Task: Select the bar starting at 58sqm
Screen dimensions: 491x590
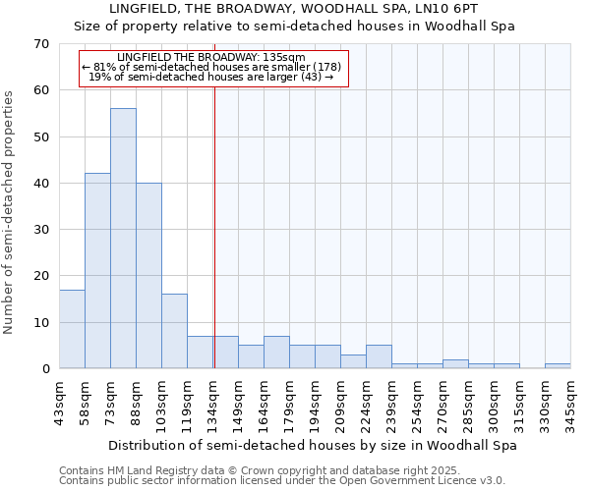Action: [97, 271]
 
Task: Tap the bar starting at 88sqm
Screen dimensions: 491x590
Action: [148, 276]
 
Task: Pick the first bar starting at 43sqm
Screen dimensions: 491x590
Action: [72, 329]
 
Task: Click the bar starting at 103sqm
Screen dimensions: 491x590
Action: [174, 331]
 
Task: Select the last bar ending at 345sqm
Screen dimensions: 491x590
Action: [558, 366]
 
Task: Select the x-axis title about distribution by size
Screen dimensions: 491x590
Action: [313, 445]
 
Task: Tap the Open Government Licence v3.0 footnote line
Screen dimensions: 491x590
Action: [282, 480]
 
